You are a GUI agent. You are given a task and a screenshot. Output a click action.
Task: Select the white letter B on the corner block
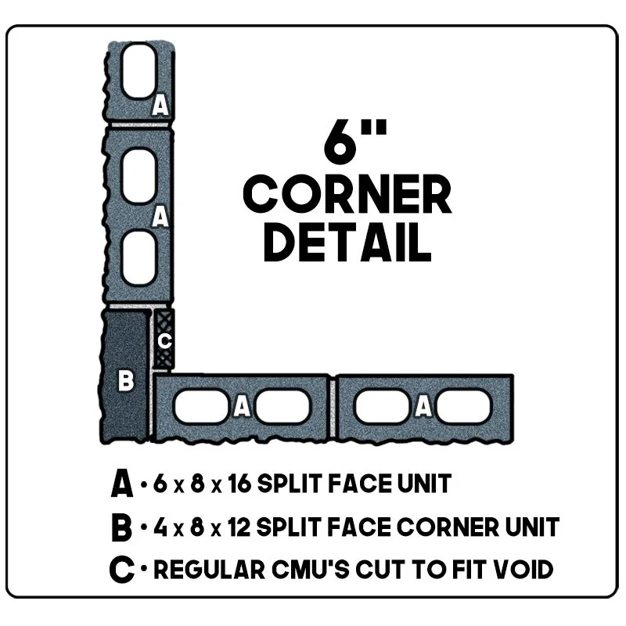125,382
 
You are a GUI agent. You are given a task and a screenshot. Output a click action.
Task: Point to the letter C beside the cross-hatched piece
164,341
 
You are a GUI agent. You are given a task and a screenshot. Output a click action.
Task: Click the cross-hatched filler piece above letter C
164,320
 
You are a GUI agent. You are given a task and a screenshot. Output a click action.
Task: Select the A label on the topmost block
160,104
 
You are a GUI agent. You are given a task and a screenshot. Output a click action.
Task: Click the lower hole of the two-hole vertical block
139,257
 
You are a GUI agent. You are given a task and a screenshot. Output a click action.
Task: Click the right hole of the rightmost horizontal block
463,405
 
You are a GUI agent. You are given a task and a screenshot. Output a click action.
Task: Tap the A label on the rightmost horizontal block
423,405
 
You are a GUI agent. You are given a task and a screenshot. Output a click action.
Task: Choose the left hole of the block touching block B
200,406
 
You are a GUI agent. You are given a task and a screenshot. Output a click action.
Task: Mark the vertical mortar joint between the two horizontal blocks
334,407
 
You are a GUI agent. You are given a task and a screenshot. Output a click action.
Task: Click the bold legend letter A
122,484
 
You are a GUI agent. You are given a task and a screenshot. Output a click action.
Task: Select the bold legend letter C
122,570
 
